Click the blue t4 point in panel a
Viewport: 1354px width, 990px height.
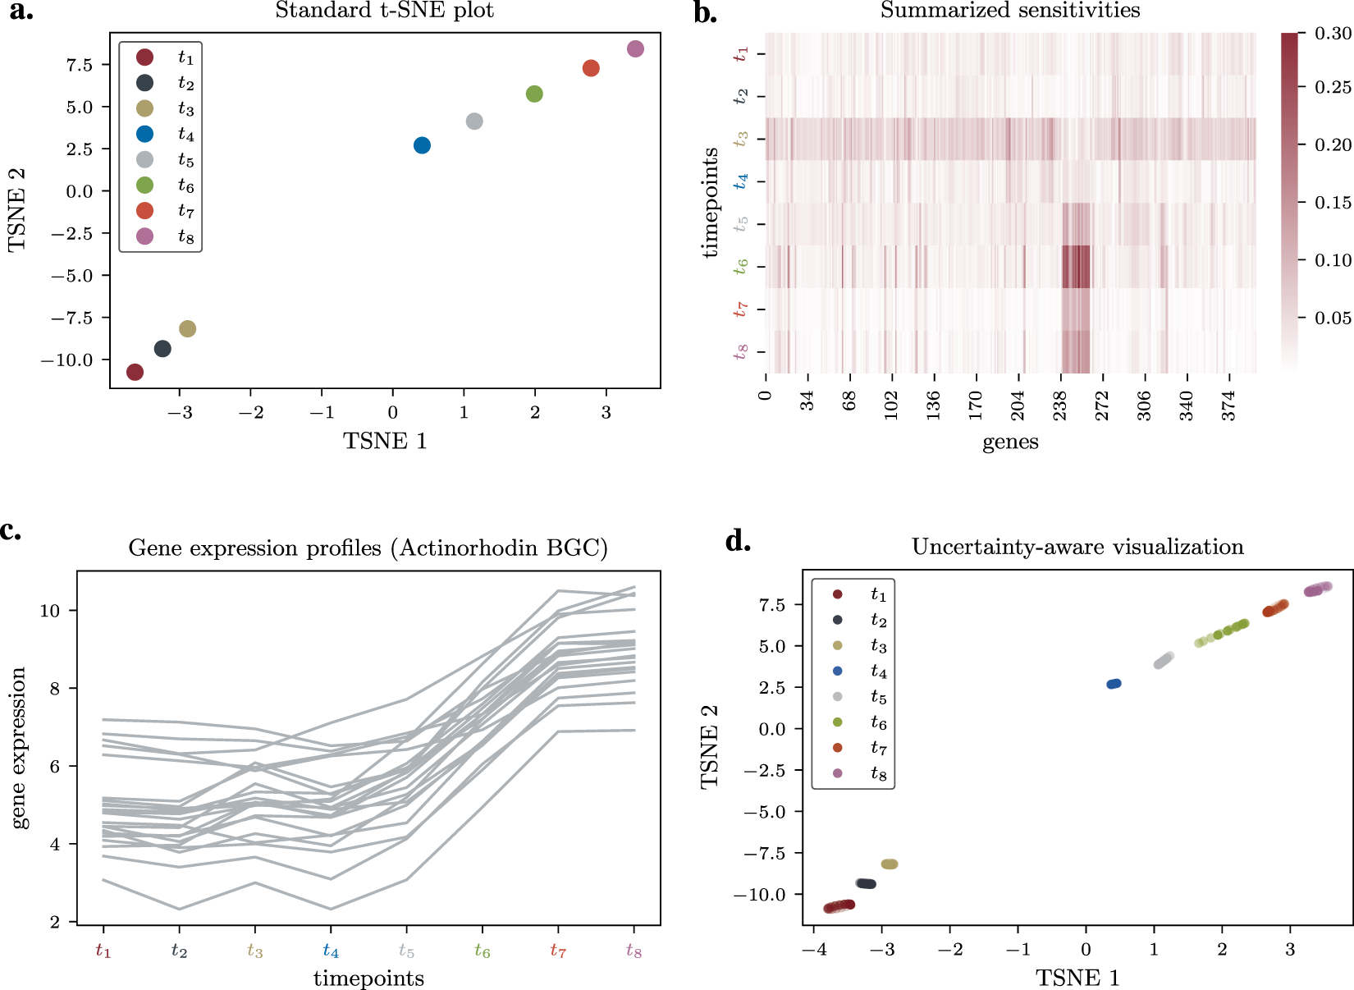pyautogui.click(x=422, y=145)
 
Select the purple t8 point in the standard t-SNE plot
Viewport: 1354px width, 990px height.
pyautogui.click(x=635, y=49)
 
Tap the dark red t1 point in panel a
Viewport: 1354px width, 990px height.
pyautogui.click(x=135, y=372)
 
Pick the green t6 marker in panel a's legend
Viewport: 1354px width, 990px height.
pyautogui.click(x=144, y=186)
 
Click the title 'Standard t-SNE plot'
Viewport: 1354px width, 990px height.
pyautogui.click(x=384, y=11)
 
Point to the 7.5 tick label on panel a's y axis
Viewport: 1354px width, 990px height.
pyautogui.click(x=79, y=65)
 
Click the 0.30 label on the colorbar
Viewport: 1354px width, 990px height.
pyautogui.click(x=1333, y=34)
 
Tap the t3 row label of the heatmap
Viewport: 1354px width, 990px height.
pyautogui.click(x=741, y=139)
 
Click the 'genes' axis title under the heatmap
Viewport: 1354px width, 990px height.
pyautogui.click(x=1010, y=442)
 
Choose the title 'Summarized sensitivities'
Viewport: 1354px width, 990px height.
pyautogui.click(x=1010, y=11)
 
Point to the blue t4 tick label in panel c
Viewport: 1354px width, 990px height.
pyautogui.click(x=331, y=951)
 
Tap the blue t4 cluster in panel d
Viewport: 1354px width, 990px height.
pyautogui.click(x=1114, y=684)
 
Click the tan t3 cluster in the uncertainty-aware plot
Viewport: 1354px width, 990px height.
pyautogui.click(x=890, y=864)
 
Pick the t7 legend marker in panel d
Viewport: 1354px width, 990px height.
pyautogui.click(x=837, y=748)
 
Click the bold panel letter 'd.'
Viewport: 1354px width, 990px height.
pyautogui.click(x=739, y=542)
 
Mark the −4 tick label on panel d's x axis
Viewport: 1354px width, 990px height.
pyautogui.click(x=812, y=950)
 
